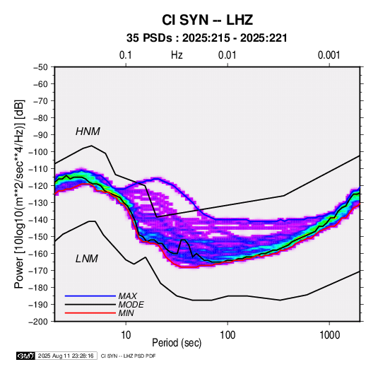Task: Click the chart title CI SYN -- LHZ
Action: (207, 20)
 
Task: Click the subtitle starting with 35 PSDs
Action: (207, 38)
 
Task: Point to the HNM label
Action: (88, 132)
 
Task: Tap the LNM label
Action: (87, 259)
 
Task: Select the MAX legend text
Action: (128, 296)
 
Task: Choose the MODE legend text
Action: (131, 305)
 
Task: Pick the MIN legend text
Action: (126, 313)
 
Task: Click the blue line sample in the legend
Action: (90, 296)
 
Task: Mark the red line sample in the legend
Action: (90, 313)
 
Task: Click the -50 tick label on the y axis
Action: (40, 67)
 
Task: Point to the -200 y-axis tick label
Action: (38, 322)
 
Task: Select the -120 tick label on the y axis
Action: (38, 186)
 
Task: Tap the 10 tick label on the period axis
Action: (126, 335)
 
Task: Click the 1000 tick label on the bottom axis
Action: (329, 335)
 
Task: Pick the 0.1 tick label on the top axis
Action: (126, 55)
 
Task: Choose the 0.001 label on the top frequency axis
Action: (329, 55)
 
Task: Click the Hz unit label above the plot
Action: (177, 55)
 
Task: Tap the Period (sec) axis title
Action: (177, 343)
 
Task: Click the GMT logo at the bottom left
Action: (26, 356)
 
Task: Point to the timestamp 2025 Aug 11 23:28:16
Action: (66, 356)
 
